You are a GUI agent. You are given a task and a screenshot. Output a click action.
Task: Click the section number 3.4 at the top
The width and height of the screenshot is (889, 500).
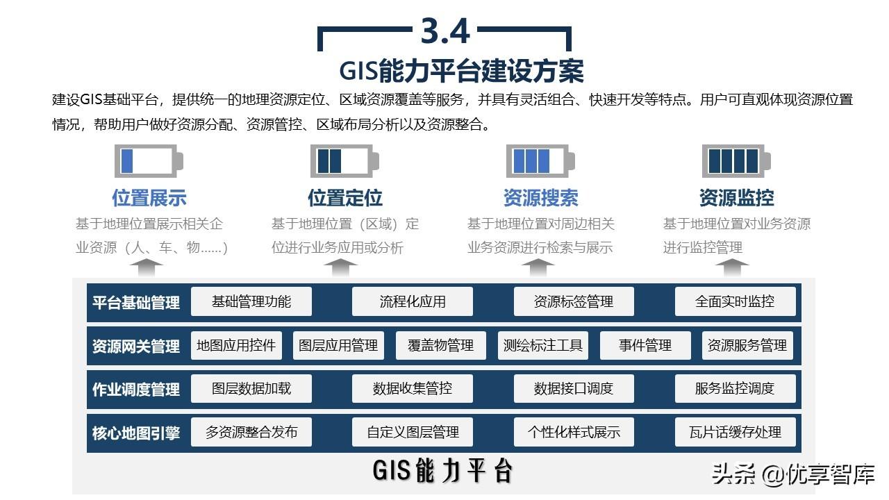click(x=445, y=31)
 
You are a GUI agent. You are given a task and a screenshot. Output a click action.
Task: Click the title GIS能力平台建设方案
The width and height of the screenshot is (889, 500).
click(x=461, y=71)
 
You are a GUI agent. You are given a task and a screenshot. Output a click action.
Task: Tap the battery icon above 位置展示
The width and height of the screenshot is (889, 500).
click(x=149, y=161)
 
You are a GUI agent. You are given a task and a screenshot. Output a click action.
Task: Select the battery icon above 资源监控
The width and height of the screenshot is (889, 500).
click(x=736, y=161)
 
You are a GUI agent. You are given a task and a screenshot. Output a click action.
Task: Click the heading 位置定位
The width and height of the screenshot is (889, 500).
click(x=345, y=198)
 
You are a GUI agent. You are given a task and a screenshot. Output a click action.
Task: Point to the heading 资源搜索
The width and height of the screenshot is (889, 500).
click(x=541, y=198)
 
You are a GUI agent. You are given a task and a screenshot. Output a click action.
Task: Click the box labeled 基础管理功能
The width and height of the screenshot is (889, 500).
click(x=251, y=301)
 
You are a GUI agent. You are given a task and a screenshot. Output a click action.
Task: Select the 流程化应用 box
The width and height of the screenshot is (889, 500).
click(x=413, y=301)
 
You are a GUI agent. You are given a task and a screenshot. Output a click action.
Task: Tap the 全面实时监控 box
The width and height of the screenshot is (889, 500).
click(x=735, y=301)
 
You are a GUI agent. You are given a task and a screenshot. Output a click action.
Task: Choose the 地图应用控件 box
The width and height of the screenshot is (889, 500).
click(x=236, y=345)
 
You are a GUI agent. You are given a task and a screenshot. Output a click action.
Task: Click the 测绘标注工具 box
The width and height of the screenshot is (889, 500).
click(x=542, y=345)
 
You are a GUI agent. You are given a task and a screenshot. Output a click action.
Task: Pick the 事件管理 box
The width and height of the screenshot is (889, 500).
click(x=645, y=345)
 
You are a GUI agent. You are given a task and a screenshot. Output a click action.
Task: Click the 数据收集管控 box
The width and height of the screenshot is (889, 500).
click(x=413, y=388)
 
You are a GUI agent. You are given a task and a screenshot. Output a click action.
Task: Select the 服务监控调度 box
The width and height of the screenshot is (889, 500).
click(x=735, y=388)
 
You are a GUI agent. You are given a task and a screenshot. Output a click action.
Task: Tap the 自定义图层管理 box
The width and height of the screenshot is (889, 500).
click(x=413, y=432)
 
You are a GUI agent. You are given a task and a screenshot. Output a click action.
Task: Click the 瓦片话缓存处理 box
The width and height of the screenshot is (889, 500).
click(x=735, y=432)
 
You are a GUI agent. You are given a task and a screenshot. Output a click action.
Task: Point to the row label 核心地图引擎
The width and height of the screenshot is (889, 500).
click(x=136, y=433)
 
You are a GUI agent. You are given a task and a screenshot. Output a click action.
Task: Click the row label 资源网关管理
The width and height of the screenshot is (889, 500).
click(x=136, y=346)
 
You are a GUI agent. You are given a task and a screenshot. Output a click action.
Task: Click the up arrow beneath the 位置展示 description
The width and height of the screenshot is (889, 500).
click(x=149, y=267)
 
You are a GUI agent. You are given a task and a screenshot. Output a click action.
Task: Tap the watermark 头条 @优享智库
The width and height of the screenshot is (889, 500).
click(x=792, y=475)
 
